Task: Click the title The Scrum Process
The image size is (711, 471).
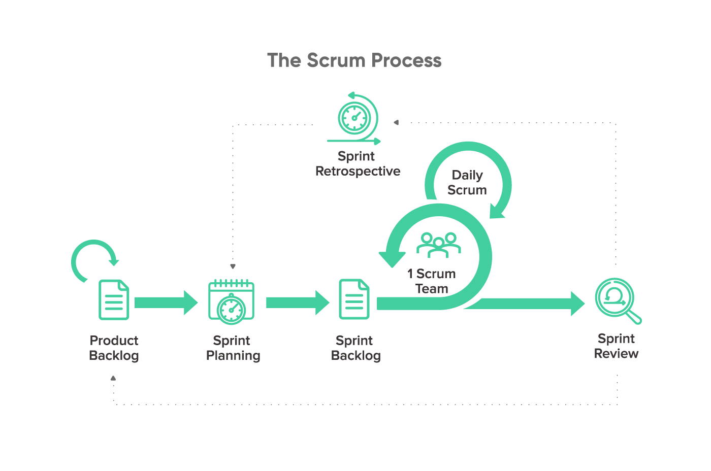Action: tap(354, 60)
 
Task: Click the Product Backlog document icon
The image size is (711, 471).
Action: tap(114, 300)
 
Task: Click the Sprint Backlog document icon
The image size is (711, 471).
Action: tap(354, 299)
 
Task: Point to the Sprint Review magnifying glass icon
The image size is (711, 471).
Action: tap(616, 299)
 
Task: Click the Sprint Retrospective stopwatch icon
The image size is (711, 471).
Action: tap(354, 118)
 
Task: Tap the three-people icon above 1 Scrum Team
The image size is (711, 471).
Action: tap(438, 244)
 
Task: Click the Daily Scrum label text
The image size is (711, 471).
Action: tap(467, 183)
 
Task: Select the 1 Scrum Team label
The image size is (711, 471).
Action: tap(432, 281)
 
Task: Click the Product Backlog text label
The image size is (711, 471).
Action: tap(114, 348)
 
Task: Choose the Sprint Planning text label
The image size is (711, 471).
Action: tap(233, 348)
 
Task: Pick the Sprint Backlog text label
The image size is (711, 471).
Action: tap(355, 348)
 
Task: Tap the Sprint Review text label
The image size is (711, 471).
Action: tap(616, 346)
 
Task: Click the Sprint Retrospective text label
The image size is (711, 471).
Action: tap(358, 163)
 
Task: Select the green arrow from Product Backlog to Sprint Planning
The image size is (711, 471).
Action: tap(166, 302)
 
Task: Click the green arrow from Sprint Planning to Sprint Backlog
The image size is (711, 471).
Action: tap(297, 302)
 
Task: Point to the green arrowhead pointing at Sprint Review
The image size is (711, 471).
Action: tap(577, 304)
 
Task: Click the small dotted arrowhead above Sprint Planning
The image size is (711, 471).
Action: tap(233, 266)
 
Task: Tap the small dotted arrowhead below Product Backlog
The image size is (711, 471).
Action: tap(113, 378)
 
